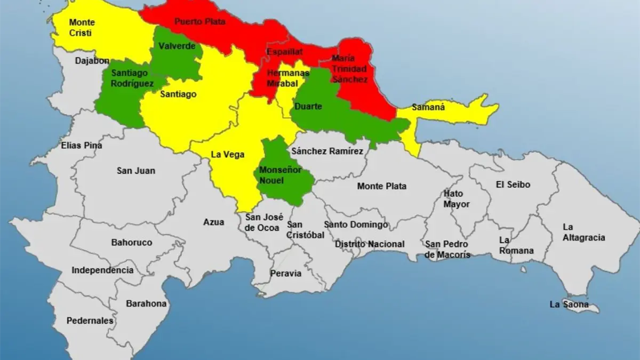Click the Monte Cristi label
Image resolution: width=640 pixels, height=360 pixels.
[82, 28]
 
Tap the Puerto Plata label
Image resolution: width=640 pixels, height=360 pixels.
[200, 22]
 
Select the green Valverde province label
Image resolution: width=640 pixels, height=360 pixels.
[177, 46]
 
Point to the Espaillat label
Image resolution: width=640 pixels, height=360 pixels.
[285, 52]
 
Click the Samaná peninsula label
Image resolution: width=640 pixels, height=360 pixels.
[428, 107]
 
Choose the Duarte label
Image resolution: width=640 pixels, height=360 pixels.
[308, 107]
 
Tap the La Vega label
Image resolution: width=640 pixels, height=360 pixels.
[227, 155]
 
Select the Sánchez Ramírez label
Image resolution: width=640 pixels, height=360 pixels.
[327, 151]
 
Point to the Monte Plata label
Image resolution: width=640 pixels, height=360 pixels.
[381, 186]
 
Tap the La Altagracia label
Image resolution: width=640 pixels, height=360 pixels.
[584, 232]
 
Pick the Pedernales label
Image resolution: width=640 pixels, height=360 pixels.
[90, 321]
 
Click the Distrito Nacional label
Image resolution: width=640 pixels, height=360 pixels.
[370, 244]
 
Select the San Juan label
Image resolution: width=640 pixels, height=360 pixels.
[136, 171]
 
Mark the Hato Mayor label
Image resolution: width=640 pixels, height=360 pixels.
[457, 198]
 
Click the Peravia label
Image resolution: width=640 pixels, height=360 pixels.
[286, 274]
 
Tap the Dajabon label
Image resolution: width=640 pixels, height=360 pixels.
[92, 61]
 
